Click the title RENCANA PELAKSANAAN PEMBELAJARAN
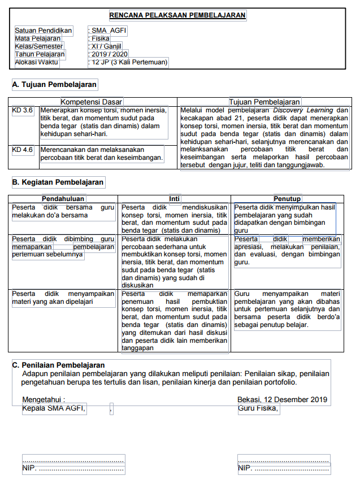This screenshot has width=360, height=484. (x=177, y=15)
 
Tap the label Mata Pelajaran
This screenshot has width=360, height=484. (x=38, y=38)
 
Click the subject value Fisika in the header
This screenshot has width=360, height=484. (x=101, y=38)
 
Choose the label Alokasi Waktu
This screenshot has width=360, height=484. (x=37, y=62)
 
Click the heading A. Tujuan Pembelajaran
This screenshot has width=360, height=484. (x=55, y=85)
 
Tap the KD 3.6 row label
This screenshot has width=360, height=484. (x=23, y=110)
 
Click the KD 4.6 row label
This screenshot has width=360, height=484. (x=23, y=150)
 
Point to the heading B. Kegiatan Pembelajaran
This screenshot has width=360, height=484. (x=58, y=182)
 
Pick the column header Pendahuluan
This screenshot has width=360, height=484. (x=63, y=199)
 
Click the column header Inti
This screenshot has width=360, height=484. (x=175, y=199)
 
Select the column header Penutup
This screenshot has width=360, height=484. (x=287, y=199)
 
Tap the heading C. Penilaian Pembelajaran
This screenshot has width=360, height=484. (x=59, y=365)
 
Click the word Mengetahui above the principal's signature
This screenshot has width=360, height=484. (x=44, y=400)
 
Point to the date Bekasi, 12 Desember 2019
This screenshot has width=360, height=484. (x=282, y=400)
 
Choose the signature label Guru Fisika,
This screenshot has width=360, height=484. (x=258, y=408)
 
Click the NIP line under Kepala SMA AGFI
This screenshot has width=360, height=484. (x=73, y=468)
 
